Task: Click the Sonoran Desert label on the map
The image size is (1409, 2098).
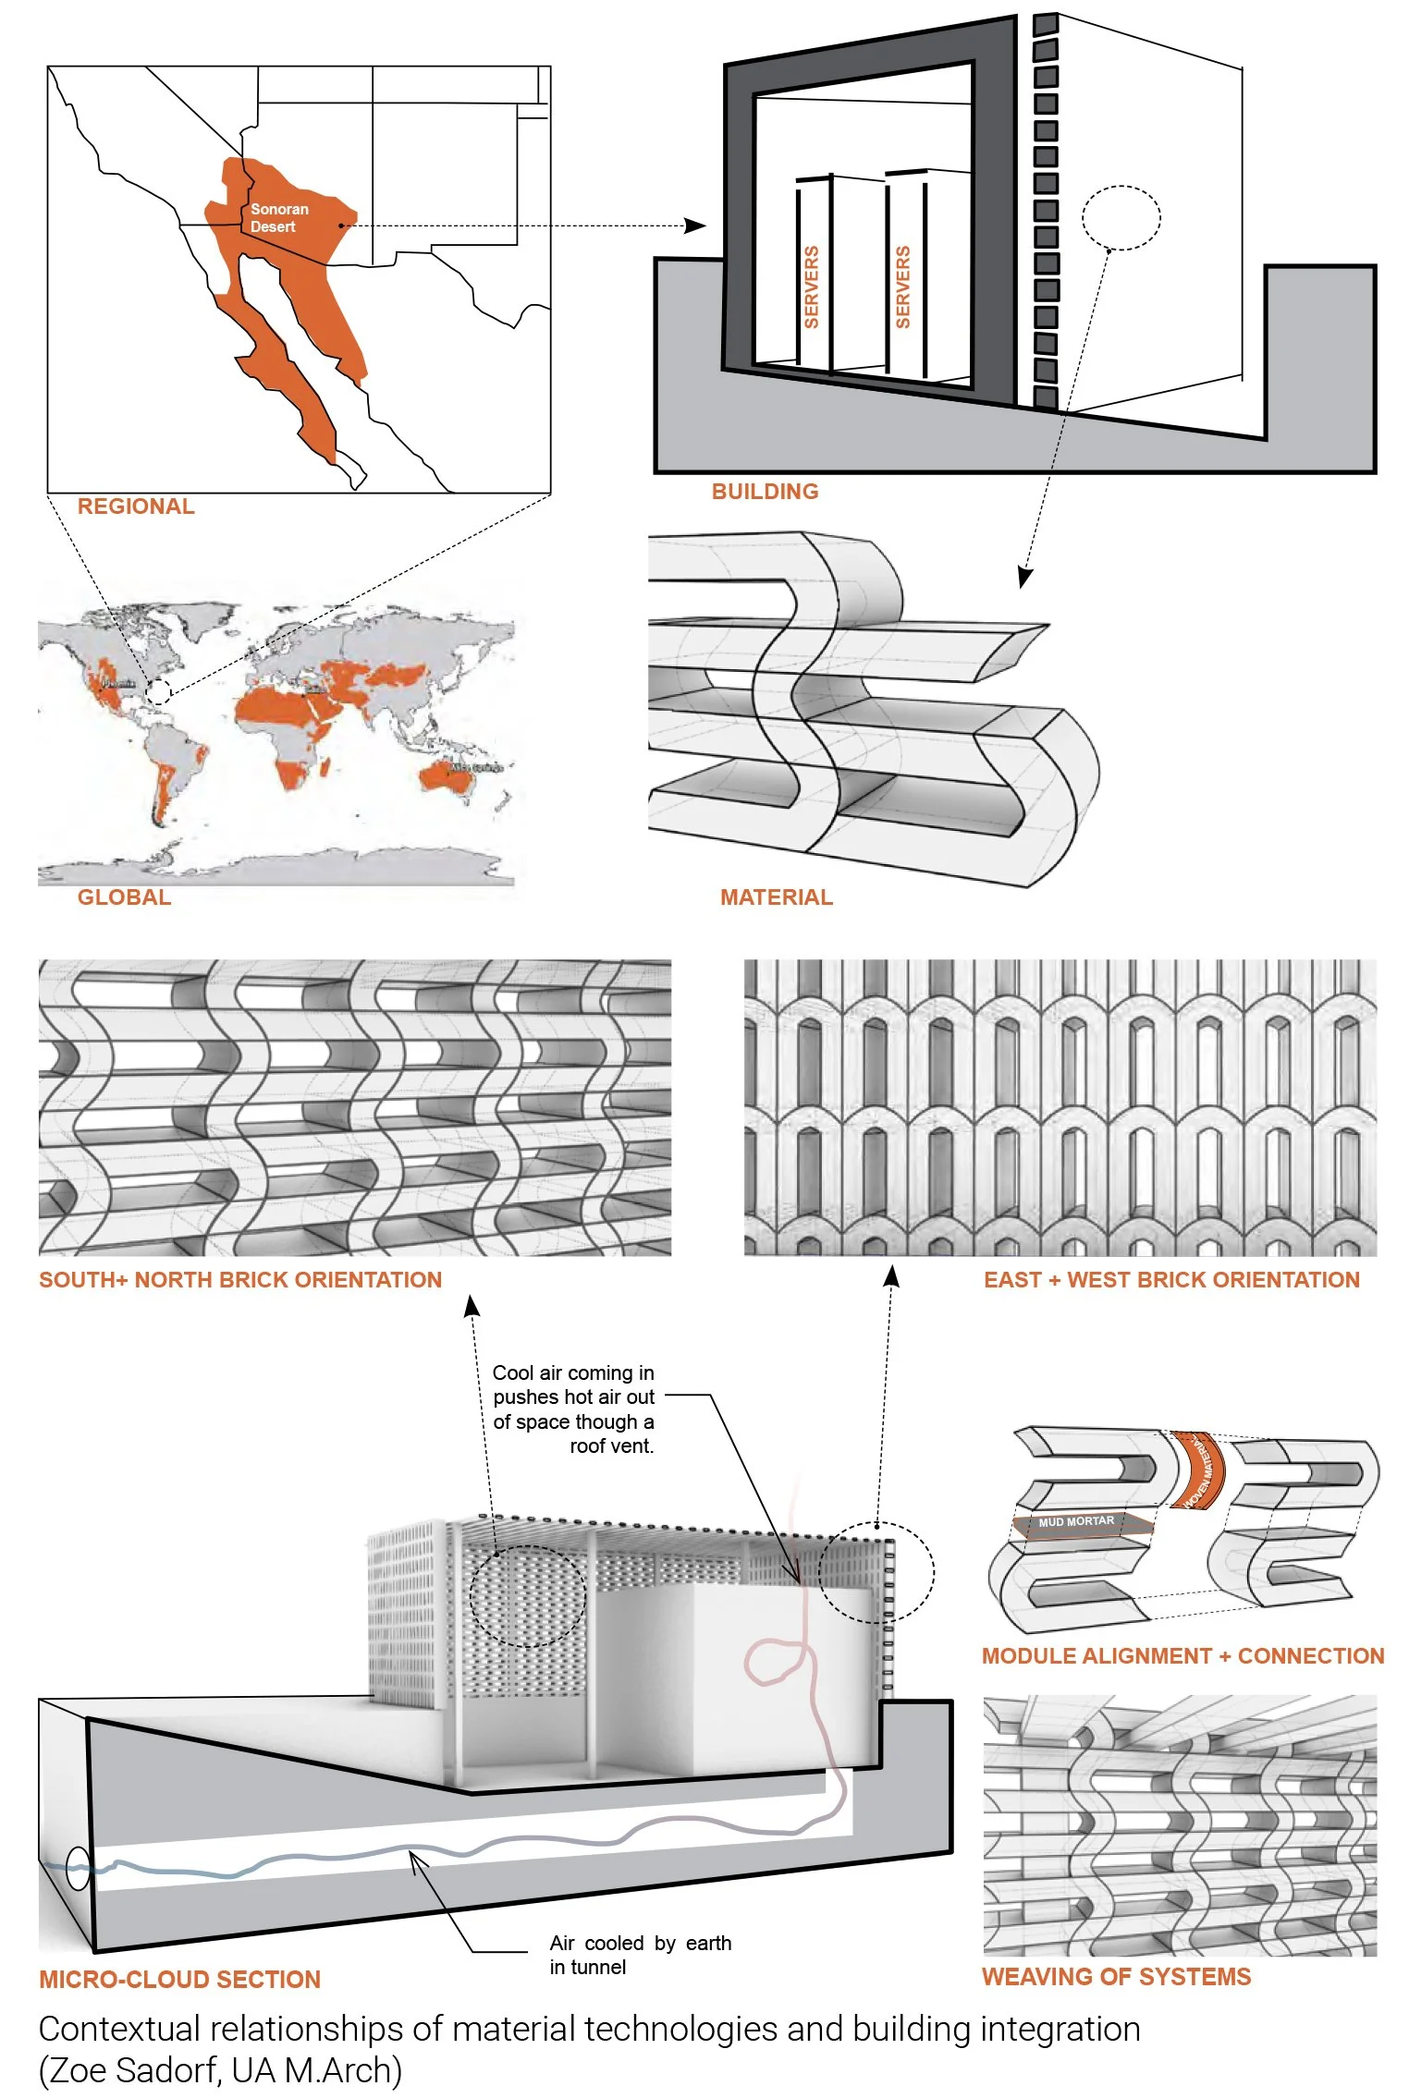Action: [x=278, y=218]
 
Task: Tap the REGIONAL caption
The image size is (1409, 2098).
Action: [x=136, y=506]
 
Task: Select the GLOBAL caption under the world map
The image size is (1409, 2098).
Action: [x=124, y=897]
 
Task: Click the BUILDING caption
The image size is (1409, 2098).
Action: [x=765, y=492]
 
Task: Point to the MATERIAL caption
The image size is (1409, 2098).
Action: [x=776, y=897]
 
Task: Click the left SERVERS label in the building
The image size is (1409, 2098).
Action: [x=812, y=287]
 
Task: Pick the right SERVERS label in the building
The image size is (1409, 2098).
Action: [x=903, y=287]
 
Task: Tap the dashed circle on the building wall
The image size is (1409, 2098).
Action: [x=1121, y=218]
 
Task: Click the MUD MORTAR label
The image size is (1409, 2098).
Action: [x=1076, y=1521]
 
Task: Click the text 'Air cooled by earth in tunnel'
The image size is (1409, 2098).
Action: [x=640, y=1955]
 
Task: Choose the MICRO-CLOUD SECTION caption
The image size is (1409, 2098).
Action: [x=179, y=1980]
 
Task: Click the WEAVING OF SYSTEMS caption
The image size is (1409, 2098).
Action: [x=1116, y=1977]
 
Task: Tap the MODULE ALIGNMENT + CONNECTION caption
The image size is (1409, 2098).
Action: [x=1182, y=1656]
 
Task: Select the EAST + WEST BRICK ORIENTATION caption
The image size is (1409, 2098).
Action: [x=1171, y=1280]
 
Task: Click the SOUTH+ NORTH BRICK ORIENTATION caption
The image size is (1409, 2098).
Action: [x=240, y=1280]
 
